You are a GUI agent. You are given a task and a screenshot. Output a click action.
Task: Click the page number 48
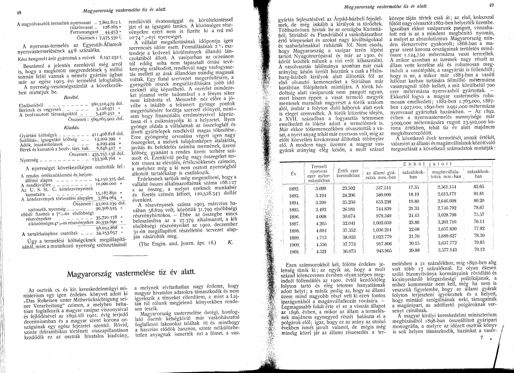19,12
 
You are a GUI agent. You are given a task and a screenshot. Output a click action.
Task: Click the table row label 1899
294,236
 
